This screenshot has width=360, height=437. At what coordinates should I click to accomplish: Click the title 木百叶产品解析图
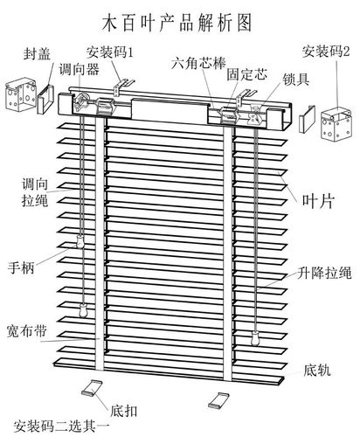177,23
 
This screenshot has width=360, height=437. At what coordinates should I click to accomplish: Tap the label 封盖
37,54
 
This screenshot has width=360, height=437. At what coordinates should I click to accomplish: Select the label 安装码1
109,52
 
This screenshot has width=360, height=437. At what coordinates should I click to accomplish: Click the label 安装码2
326,52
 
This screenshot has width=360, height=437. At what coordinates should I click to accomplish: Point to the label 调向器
80,69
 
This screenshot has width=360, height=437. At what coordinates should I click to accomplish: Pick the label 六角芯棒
198,63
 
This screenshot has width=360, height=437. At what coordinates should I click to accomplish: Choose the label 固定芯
246,74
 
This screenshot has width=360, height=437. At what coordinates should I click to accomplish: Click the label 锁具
296,79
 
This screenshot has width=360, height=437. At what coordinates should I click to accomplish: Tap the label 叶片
318,201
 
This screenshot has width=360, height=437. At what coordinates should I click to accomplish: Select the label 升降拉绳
324,273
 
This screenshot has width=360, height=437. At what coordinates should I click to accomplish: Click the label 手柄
21,267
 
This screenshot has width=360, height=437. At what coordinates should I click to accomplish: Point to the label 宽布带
26,330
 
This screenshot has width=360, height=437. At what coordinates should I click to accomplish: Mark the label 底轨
317,370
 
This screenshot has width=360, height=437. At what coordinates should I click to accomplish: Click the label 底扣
124,411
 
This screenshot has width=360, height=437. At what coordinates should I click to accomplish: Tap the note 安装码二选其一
61,427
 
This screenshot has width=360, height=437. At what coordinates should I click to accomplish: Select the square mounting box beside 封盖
21,94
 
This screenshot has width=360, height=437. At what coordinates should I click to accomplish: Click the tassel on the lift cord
255,337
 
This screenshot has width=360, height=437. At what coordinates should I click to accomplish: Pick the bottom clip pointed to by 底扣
93,388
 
